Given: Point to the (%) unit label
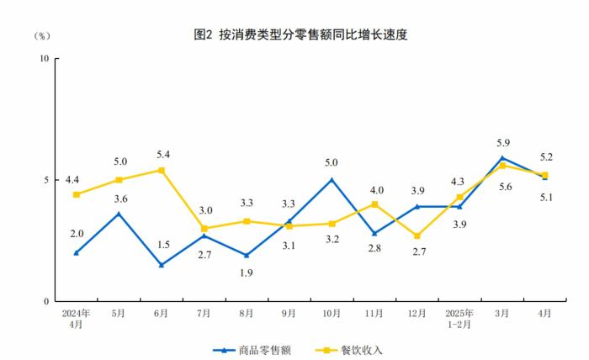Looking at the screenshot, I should coord(42,35).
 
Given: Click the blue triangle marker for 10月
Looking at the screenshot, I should coord(332,179).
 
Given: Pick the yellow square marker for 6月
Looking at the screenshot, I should coord(162,170).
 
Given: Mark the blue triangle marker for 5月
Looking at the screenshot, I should coord(119,214).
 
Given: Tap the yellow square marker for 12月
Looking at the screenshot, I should coord(417,236).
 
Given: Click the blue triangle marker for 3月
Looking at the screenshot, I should coord(502,157).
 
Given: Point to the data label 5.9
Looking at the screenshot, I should coord(502,142).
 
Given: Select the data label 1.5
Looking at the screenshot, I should coord(162,245).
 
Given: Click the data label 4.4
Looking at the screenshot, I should coord(73,179).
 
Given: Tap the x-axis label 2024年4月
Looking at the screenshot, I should coord(76,319).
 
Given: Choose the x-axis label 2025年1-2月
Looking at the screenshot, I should coord(459,319).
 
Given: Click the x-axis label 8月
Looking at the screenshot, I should coord(247,314).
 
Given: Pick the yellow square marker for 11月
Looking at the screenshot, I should coord(374,204).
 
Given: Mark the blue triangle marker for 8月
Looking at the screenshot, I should coord(247,255).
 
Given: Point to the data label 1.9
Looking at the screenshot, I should coord(247,273).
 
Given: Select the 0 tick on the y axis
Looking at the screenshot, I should coord(45,301).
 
